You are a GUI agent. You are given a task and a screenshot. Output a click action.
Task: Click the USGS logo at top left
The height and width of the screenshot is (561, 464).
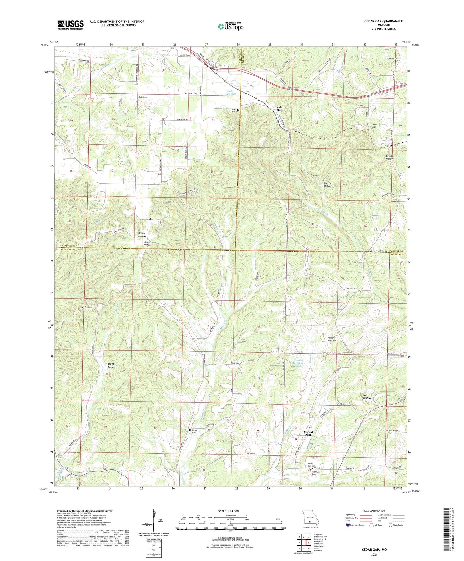click(x=71, y=25)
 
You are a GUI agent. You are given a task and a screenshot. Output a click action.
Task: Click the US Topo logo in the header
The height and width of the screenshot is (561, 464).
click(x=230, y=26)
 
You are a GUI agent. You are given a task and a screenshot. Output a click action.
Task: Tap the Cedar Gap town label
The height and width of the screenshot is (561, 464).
click(x=279, y=109)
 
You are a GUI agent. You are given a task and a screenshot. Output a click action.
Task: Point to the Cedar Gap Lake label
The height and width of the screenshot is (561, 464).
click(x=232, y=93)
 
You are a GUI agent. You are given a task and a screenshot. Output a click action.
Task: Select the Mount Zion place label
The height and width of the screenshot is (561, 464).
click(x=308, y=433)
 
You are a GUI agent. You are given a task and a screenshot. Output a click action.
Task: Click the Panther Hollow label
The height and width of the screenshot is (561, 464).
click(x=328, y=185)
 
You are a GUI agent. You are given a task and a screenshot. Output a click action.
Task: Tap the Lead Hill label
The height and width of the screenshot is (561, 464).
click(x=374, y=126)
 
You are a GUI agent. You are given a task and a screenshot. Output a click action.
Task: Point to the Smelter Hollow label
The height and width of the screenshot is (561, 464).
click(x=390, y=157)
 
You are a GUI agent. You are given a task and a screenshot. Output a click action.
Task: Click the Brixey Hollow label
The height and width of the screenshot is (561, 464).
click(x=142, y=235)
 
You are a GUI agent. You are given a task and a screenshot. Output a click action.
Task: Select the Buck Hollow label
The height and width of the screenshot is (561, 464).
click(x=147, y=243)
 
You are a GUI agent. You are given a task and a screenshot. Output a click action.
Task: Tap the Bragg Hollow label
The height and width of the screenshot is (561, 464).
click(x=111, y=365)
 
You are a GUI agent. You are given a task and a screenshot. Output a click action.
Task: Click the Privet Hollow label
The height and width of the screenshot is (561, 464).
click(x=332, y=339)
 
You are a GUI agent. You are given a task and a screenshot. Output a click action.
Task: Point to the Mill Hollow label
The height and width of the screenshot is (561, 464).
click(x=367, y=396)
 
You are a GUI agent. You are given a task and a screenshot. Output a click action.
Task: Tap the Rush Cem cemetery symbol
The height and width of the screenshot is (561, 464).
click(x=136, y=100)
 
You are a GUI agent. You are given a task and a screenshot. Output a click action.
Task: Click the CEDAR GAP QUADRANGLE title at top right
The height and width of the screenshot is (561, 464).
click(x=383, y=21)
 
